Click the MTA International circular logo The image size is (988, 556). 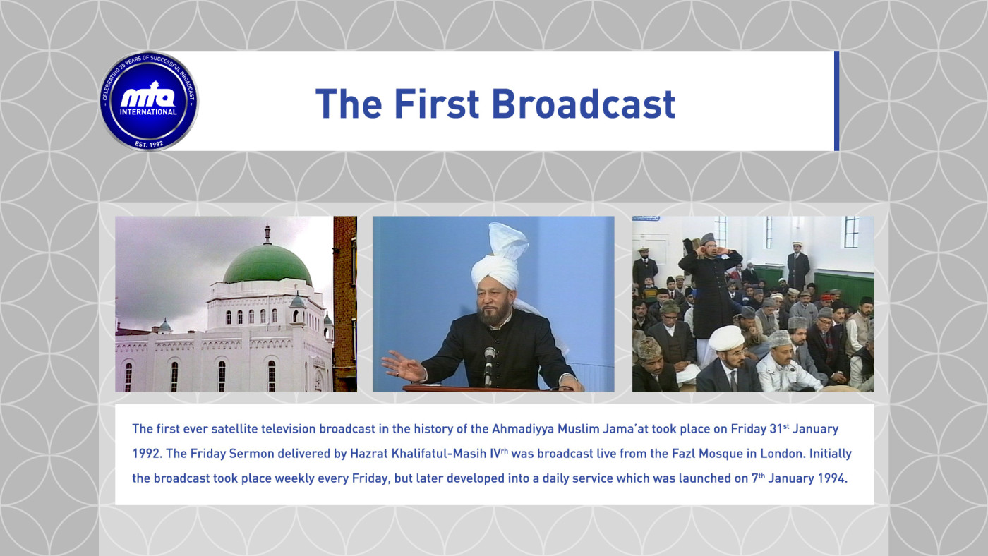point(149,101)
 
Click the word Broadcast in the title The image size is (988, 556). point(583,104)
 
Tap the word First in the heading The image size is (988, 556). point(436,104)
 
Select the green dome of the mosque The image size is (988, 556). point(267,265)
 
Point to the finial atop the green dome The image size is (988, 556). point(267,234)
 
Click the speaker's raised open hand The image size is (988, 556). point(403,366)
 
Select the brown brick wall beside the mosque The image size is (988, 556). point(345,304)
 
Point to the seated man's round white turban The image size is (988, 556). point(726,338)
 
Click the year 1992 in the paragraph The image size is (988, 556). point(145,454)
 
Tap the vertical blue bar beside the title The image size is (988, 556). point(837,101)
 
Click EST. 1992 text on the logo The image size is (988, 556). point(149,144)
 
